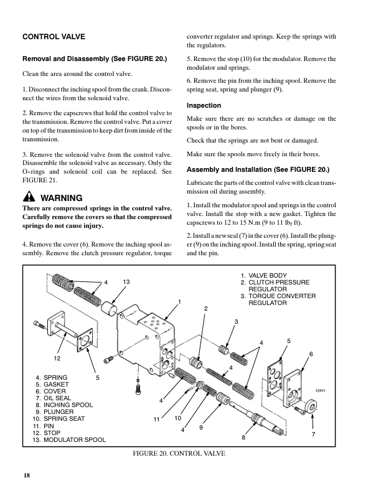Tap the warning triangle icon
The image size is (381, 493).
28,198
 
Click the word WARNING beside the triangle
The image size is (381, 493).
61,198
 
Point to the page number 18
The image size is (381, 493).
27,476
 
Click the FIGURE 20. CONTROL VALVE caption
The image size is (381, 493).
179,453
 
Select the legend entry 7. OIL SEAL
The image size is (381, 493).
55,398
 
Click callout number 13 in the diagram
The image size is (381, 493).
126,283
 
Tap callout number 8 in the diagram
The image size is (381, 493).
244,438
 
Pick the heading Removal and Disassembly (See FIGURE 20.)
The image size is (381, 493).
95,59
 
